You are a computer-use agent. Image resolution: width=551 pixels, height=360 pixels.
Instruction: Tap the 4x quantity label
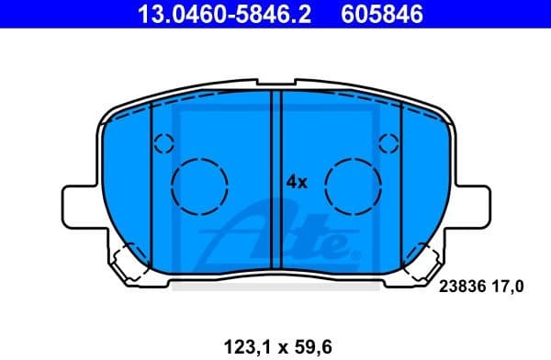[x=296, y=182]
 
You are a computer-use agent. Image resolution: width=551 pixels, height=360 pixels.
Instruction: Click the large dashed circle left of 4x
[x=200, y=185]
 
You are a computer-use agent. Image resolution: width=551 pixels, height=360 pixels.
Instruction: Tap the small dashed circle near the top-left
[x=163, y=143]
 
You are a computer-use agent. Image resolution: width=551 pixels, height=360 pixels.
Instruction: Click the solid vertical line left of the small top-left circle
[x=149, y=184]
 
